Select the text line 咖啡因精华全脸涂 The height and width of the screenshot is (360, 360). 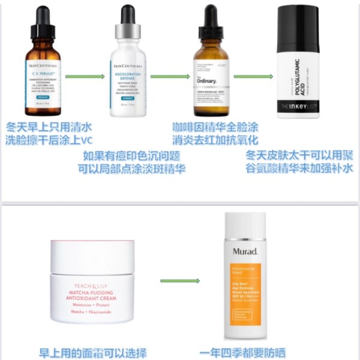tap(215, 127)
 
